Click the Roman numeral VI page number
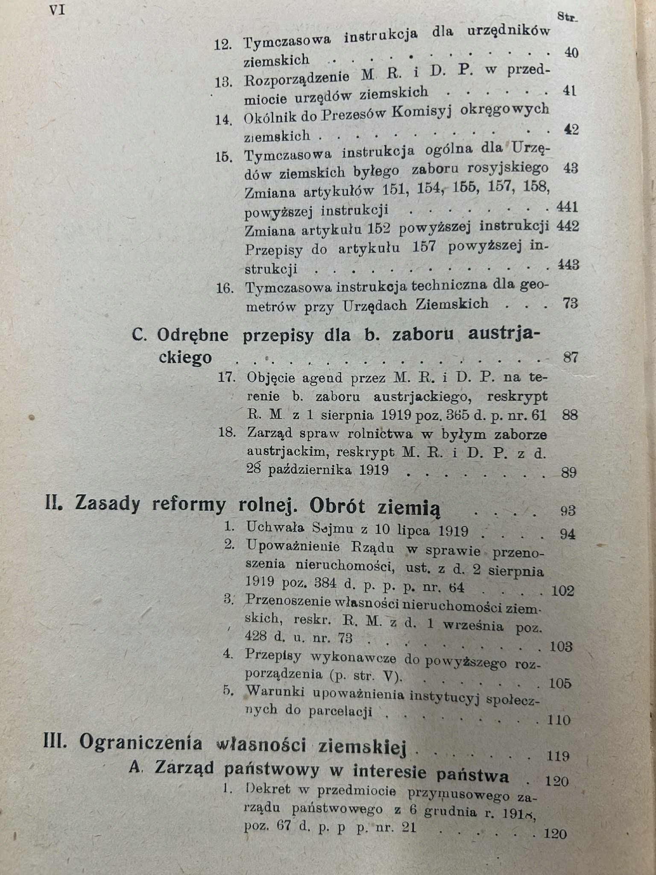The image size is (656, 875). click(x=57, y=11)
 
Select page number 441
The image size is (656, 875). click(x=568, y=207)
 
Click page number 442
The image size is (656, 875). click(x=568, y=226)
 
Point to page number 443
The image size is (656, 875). click(x=568, y=265)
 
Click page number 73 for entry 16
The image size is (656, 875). click(x=571, y=303)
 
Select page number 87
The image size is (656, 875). click(x=571, y=357)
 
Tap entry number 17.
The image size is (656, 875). click(x=227, y=378)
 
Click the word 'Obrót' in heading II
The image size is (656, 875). click(x=337, y=507)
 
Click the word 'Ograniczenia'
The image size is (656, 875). click(x=141, y=743)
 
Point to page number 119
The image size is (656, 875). click(x=558, y=757)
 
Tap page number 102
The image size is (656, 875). click(x=563, y=591)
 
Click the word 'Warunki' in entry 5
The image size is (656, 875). click(x=276, y=691)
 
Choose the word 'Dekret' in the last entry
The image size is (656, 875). click(x=269, y=789)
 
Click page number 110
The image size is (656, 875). click(x=559, y=720)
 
